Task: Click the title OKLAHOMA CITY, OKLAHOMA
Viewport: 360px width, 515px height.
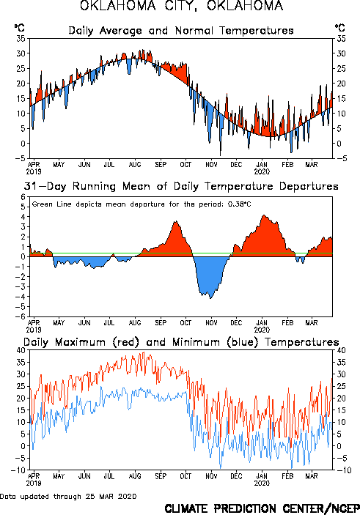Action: coord(182,6)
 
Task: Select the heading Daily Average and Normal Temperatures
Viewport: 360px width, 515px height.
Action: coord(181,31)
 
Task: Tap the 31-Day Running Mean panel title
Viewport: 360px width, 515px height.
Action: coord(181,186)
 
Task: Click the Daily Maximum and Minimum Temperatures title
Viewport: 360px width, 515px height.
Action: coord(181,342)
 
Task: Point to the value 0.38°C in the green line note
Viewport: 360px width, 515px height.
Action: coord(239,204)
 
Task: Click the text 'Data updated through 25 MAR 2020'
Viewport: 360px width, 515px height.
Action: coord(68,496)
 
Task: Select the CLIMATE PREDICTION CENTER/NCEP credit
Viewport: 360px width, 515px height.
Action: coord(262,508)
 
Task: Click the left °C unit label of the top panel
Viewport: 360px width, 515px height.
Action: coord(19,28)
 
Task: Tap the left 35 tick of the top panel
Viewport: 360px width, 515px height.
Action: coord(21,38)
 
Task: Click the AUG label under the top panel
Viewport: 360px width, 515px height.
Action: coord(135,165)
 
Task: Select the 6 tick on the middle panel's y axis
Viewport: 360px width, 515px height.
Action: coord(23,197)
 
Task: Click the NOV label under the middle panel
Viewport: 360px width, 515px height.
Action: coord(211,323)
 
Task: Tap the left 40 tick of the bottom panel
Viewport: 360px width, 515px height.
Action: coord(21,350)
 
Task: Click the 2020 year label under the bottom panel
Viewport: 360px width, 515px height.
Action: coord(262,483)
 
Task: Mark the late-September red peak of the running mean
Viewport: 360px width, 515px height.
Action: coord(176,221)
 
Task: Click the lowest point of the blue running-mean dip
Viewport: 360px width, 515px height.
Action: coord(210,298)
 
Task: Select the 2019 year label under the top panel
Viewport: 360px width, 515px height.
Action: coord(34,171)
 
